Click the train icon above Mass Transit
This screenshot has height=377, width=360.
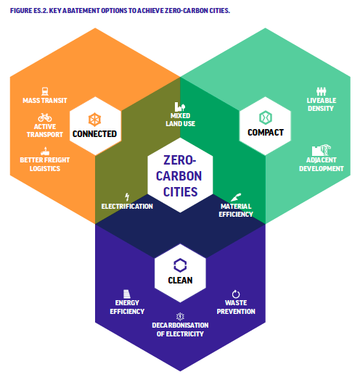45,91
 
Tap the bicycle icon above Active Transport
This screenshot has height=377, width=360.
45,117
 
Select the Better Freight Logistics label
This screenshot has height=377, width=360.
45,165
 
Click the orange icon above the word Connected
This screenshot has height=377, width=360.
94,120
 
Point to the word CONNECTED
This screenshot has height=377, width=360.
94,134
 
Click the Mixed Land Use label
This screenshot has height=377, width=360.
180,120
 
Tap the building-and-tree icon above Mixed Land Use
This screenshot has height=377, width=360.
180,107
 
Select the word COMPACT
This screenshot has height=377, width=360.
266,133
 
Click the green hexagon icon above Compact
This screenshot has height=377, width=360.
266,117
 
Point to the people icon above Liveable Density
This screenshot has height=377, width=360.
322,91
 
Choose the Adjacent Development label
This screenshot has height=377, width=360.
322,165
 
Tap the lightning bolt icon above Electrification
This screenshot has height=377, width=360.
127,197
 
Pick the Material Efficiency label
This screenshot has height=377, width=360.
236,210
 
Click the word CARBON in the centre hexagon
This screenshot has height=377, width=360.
179,176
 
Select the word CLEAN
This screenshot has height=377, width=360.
180,281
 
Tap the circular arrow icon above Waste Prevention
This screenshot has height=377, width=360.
236,294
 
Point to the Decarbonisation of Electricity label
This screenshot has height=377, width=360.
180,330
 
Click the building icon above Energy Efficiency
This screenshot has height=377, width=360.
127,294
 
